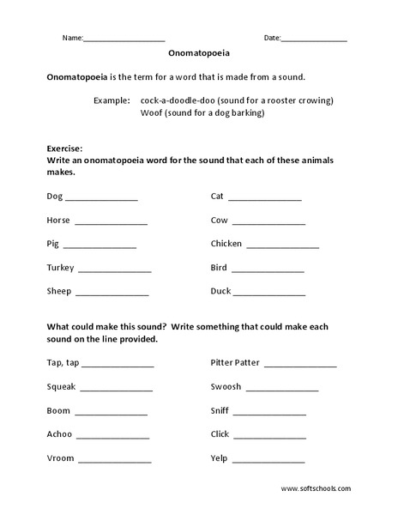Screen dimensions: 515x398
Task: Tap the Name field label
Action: point(72,38)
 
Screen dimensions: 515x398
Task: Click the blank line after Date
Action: point(314,39)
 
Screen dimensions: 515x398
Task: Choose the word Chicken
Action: point(227,244)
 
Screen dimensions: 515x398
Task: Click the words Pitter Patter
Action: point(236,363)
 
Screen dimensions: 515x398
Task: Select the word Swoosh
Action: point(226,387)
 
